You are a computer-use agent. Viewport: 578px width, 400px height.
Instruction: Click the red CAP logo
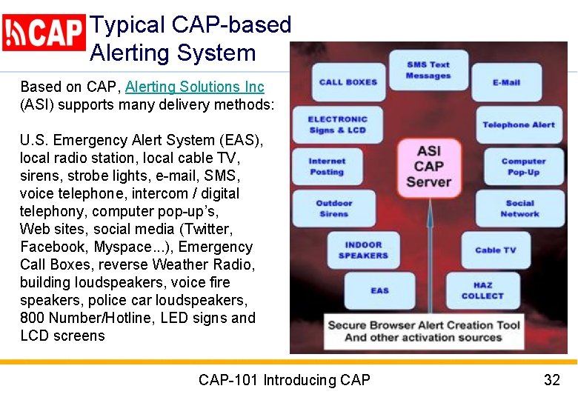44,33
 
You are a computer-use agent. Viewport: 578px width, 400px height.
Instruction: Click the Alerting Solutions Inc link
194,87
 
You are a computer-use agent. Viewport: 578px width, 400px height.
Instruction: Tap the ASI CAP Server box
428,166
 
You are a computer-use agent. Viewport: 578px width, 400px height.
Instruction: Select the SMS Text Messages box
428,70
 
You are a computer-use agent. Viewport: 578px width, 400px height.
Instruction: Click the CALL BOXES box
348,81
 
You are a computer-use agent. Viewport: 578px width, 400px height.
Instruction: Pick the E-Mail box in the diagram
506,82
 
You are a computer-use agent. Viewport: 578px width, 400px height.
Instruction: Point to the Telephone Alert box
518,124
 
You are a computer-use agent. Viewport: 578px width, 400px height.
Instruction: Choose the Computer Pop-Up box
523,167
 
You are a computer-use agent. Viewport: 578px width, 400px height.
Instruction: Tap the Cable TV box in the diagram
495,250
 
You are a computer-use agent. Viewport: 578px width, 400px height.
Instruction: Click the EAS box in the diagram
379,290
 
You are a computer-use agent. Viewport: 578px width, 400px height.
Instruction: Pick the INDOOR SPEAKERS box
363,250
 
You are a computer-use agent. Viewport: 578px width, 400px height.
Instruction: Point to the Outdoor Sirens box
333,208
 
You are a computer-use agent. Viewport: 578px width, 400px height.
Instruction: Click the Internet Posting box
327,167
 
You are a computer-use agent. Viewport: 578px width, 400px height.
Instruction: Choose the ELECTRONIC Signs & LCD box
337,124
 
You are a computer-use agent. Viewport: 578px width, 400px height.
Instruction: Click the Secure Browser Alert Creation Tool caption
424,331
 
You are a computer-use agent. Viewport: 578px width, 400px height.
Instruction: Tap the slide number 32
551,380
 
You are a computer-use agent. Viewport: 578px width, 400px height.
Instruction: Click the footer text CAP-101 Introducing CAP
284,380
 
